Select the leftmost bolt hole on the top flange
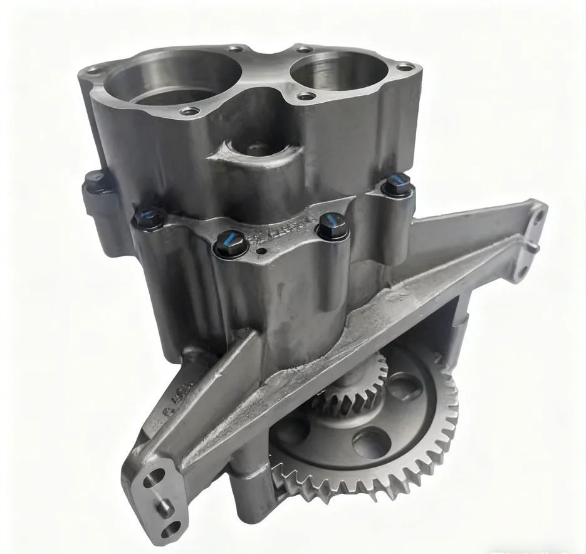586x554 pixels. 93,71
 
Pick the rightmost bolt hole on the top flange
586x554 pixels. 405,66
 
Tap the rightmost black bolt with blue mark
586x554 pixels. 397,183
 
